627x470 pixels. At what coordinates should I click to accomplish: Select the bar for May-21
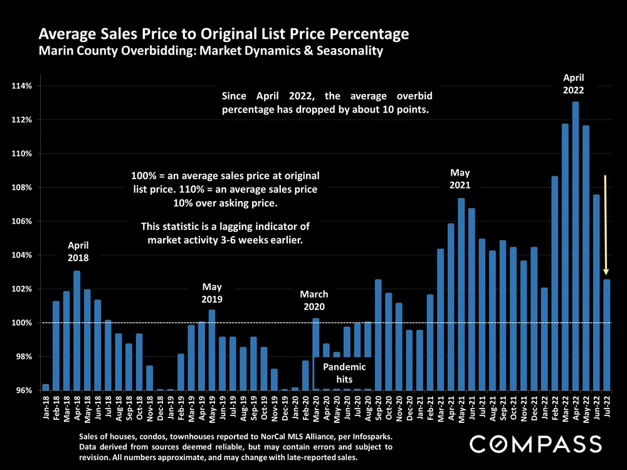[x=461, y=294]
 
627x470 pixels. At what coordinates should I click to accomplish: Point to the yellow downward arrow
[x=606, y=226]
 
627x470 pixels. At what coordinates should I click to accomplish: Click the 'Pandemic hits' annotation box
[x=344, y=373]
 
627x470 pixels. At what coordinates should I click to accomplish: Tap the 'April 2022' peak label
[x=574, y=83]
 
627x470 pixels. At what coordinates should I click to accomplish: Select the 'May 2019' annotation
[x=212, y=293]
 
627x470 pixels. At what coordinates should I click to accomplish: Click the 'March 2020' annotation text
[x=314, y=300]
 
